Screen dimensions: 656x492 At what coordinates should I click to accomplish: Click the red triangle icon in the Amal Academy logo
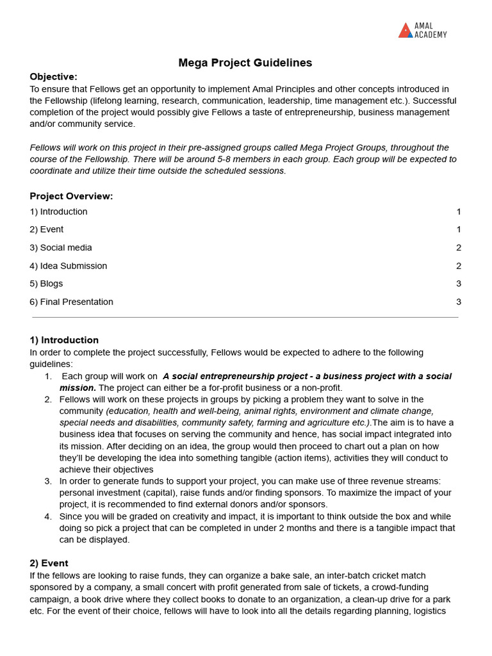pos(405,31)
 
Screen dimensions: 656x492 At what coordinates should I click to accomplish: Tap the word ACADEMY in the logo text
pos(430,35)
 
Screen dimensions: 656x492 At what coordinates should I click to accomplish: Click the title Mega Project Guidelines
pos(245,63)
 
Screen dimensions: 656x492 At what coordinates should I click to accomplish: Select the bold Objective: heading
pos(53,77)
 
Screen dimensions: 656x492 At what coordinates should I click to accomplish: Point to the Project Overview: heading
pos(71,196)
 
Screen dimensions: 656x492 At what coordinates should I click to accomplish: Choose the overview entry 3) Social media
pos(61,248)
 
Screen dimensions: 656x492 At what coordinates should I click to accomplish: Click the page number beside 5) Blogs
pos(458,284)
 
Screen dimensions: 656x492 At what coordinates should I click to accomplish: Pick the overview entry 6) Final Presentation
pos(71,302)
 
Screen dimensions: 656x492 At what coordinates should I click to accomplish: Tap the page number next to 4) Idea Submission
pos(458,266)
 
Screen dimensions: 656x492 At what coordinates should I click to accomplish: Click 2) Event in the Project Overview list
pos(46,229)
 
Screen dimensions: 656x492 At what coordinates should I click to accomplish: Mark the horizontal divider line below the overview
pos(245,317)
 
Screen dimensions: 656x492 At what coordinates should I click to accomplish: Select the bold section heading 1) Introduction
pos(64,340)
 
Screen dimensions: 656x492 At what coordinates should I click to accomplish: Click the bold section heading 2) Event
pos(49,563)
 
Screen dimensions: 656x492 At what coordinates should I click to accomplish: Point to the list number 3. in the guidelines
pos(48,481)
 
